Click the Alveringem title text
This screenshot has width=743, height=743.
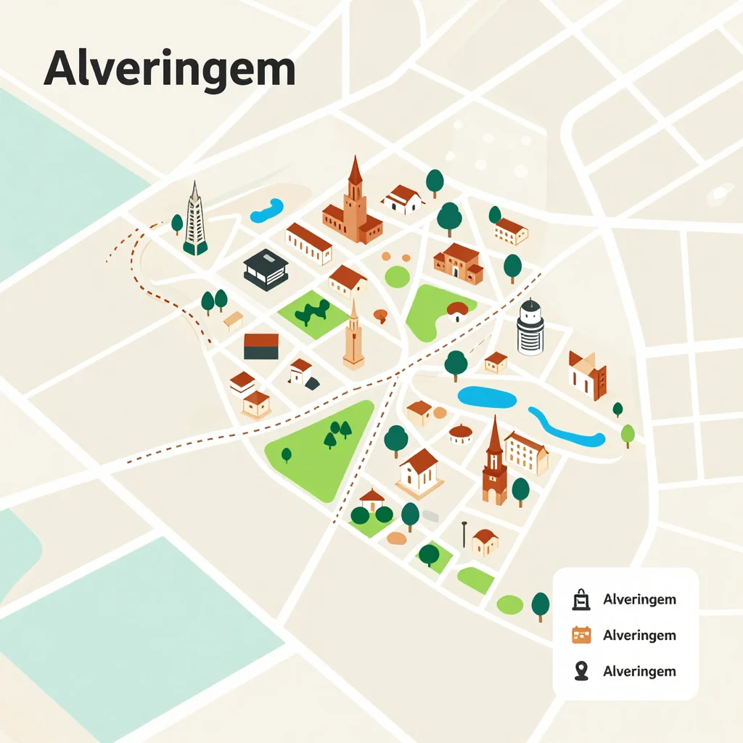(170, 70)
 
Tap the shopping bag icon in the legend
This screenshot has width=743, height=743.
(580, 599)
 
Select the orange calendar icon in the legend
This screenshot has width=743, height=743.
(581, 635)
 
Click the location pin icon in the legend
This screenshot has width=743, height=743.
(580, 671)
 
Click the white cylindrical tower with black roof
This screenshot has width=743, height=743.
(530, 328)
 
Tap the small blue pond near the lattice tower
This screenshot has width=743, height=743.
(266, 210)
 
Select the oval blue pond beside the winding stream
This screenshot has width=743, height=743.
(486, 397)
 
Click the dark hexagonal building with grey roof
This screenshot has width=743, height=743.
(266, 269)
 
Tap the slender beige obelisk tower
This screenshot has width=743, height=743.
(353, 337)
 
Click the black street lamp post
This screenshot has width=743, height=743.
(464, 535)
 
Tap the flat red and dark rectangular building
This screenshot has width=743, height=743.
(261, 346)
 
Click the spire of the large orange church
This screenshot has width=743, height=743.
(355, 171)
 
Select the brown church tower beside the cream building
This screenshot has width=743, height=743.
(495, 464)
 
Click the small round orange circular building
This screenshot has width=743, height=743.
(461, 435)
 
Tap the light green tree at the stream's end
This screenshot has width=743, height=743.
(628, 435)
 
